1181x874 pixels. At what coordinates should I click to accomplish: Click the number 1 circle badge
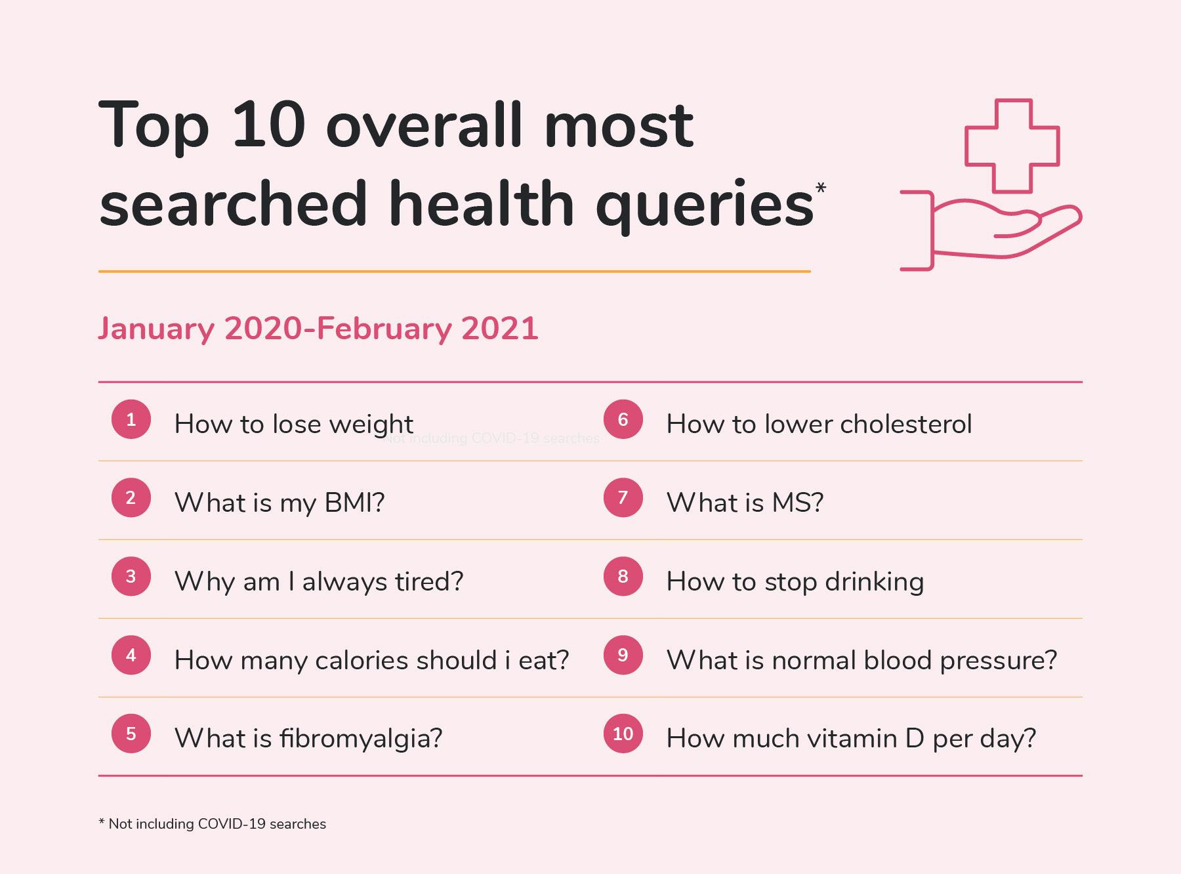[x=131, y=419]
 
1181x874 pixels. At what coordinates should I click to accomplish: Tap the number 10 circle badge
[x=623, y=734]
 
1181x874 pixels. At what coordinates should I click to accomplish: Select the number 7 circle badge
[x=623, y=498]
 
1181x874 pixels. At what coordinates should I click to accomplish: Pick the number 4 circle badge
[x=131, y=655]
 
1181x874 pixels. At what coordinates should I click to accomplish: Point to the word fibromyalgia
[x=356, y=739]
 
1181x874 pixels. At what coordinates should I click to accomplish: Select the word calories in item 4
[x=360, y=661]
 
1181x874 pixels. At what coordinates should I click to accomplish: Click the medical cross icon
[x=1012, y=145]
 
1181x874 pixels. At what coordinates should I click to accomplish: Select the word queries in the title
[x=705, y=205]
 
